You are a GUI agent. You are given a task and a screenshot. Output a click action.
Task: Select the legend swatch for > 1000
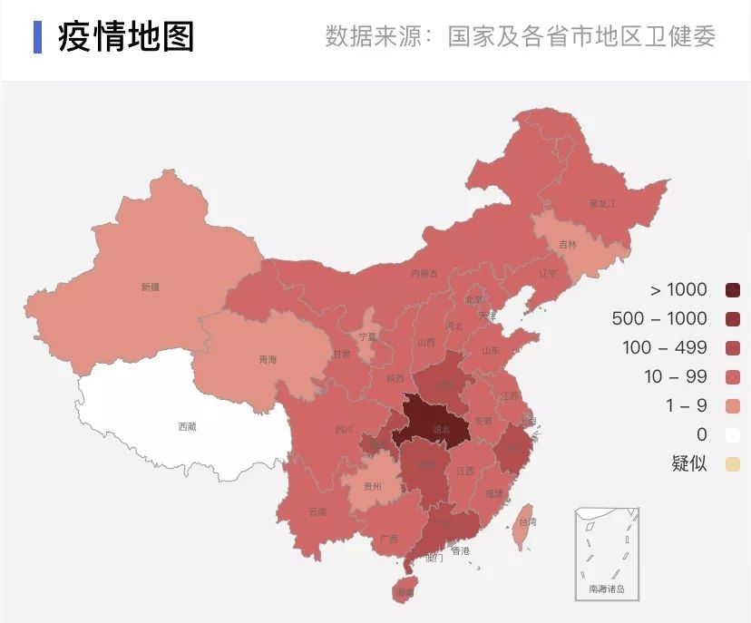(733, 290)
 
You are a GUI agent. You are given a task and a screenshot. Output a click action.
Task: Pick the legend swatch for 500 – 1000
(733, 319)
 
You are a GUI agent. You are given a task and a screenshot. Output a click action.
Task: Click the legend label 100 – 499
(664, 348)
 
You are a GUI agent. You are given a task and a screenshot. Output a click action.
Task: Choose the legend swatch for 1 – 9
(733, 406)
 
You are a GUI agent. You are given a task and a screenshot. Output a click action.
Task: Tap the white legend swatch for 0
(733, 435)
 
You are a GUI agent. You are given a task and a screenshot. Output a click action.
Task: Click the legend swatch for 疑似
(733, 464)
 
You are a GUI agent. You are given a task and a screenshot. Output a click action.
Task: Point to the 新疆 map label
(150, 287)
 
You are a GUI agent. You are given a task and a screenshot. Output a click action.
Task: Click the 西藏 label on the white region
(187, 425)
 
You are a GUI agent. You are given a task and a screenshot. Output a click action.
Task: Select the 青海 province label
(268, 360)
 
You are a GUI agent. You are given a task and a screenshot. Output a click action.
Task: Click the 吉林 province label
(568, 245)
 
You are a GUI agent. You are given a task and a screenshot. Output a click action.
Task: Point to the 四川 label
(344, 429)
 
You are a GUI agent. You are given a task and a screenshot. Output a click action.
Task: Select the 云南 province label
(317, 511)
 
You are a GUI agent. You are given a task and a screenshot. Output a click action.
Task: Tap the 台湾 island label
(527, 521)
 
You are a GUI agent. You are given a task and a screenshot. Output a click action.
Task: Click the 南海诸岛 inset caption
(607, 589)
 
